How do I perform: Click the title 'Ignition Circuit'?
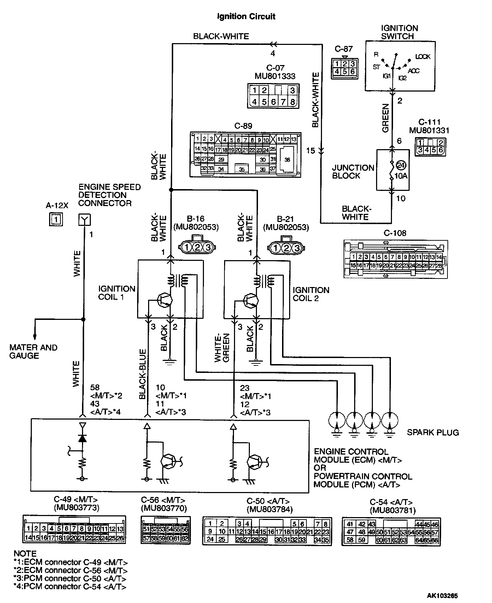[x=246, y=17]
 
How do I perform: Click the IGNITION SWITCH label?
[x=399, y=32]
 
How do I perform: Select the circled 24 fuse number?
[x=400, y=165]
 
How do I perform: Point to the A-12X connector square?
[x=56, y=220]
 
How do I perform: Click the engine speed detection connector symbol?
[x=84, y=220]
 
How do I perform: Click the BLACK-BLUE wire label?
[x=142, y=374]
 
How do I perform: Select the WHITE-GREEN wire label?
[x=222, y=348]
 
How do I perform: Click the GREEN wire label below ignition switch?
[x=385, y=118]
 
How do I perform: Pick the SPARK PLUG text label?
[x=433, y=432]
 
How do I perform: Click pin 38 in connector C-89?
[x=287, y=160]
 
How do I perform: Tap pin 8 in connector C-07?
[x=292, y=102]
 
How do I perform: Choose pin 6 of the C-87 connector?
[x=352, y=72]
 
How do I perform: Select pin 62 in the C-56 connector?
[x=185, y=538]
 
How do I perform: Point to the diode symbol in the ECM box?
[x=82, y=439]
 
